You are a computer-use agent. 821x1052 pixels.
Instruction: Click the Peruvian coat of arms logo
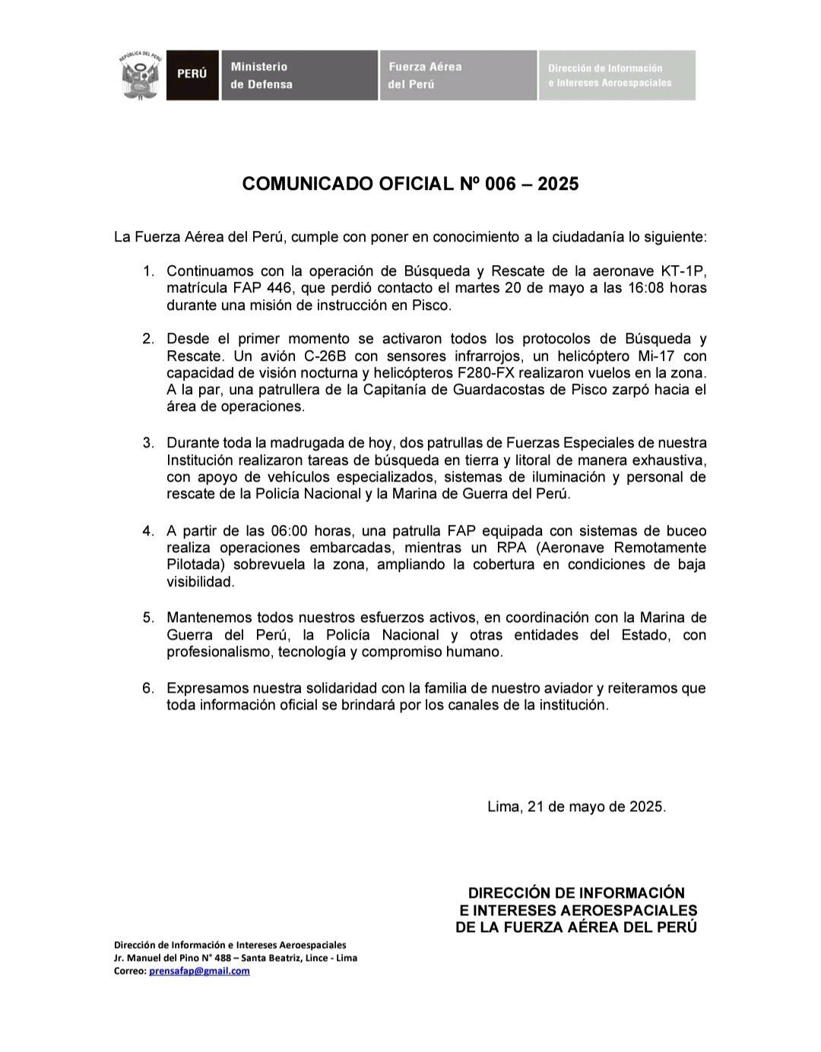141,76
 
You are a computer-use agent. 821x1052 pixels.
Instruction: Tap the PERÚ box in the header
192,75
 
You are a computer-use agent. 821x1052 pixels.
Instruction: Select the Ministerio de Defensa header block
299,75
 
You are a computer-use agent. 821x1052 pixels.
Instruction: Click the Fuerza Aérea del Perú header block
458,75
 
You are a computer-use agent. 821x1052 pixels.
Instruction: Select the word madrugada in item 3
286,443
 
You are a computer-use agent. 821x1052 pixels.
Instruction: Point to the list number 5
147,618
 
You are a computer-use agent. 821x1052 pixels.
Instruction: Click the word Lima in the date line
504,807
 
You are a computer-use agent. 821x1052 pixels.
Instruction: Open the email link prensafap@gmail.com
199,971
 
